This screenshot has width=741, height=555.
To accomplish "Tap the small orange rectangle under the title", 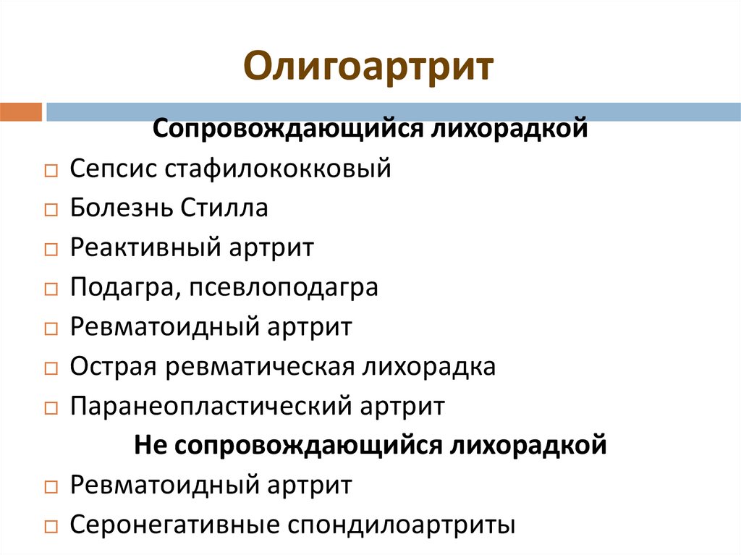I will pyautogui.click(x=21, y=112).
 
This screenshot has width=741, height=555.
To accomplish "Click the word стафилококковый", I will pyautogui.click(x=279, y=169).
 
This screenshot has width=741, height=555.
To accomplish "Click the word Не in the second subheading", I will pyautogui.click(x=150, y=445).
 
